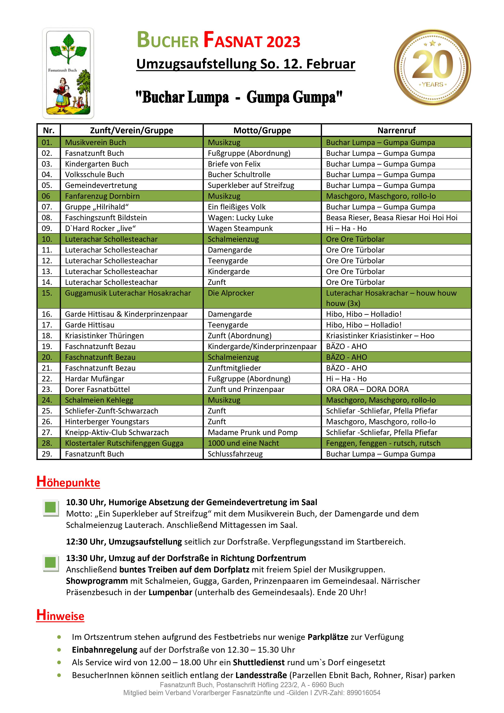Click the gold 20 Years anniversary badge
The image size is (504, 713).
[x=432, y=67]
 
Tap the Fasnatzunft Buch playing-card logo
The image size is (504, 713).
[x=68, y=73]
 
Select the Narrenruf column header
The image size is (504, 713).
[x=396, y=130]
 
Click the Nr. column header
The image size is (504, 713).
[x=49, y=130]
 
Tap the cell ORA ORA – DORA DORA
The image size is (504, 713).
[x=367, y=390]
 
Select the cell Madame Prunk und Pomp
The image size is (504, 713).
[x=253, y=432]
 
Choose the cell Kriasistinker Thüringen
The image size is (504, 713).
[x=104, y=336]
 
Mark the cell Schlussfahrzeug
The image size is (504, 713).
[x=235, y=454]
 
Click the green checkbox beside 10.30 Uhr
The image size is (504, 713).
[x=50, y=508]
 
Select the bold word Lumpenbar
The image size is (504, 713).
[x=170, y=592]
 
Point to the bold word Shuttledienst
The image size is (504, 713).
[x=259, y=662]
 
